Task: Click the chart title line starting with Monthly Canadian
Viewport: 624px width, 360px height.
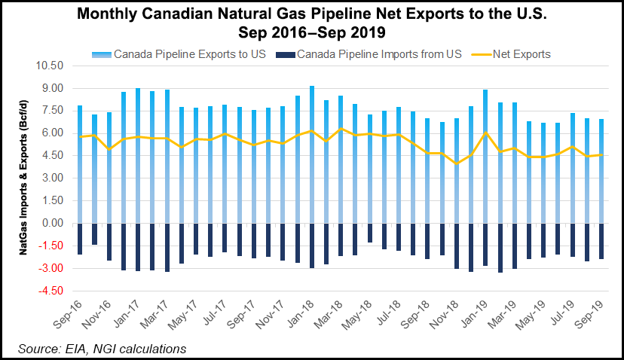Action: (x=312, y=15)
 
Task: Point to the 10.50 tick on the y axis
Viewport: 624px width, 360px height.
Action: (x=52, y=66)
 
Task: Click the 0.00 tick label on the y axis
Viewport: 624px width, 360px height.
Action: (x=55, y=224)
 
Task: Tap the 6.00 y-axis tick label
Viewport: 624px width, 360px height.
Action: (x=55, y=133)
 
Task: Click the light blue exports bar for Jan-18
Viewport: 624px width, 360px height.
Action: (x=312, y=154)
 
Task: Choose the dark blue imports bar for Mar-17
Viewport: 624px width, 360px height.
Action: (x=167, y=247)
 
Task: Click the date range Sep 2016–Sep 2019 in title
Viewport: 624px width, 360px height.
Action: (x=312, y=32)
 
